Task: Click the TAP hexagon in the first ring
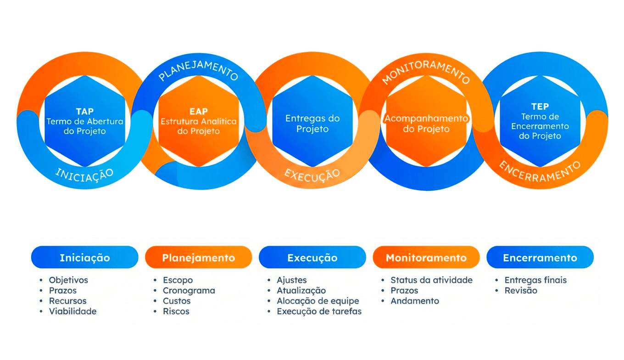(x=85, y=121)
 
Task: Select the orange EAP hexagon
(x=198, y=121)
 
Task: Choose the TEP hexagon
(x=540, y=121)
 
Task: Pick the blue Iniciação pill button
(x=85, y=258)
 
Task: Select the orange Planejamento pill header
(x=198, y=258)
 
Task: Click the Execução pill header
(x=312, y=258)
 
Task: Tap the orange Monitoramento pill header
(x=426, y=258)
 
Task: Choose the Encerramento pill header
(x=540, y=258)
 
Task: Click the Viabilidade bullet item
(x=73, y=311)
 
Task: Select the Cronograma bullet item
(x=189, y=291)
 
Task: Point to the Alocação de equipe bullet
(x=318, y=301)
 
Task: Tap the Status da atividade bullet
(x=431, y=280)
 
